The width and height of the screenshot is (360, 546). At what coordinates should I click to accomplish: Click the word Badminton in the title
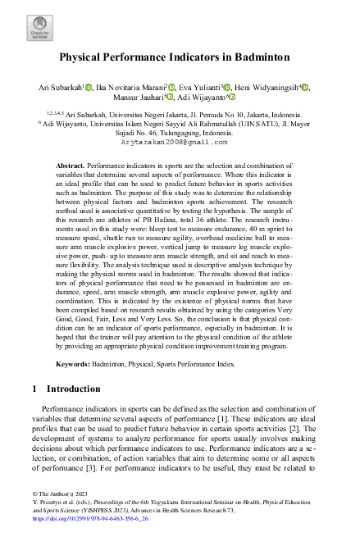262,58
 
